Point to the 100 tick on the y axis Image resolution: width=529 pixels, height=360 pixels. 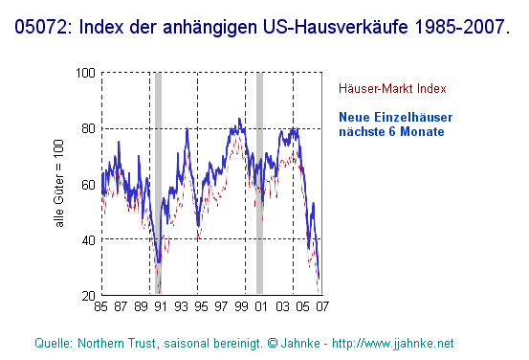[85, 73]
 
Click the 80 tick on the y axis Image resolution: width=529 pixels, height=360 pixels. [88, 128]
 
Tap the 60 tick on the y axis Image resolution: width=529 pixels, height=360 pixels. [88, 184]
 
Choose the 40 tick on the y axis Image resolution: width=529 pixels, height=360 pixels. [88, 239]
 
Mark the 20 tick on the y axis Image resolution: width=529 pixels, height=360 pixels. [88, 295]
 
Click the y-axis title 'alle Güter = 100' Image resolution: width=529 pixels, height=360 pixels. [59, 184]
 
